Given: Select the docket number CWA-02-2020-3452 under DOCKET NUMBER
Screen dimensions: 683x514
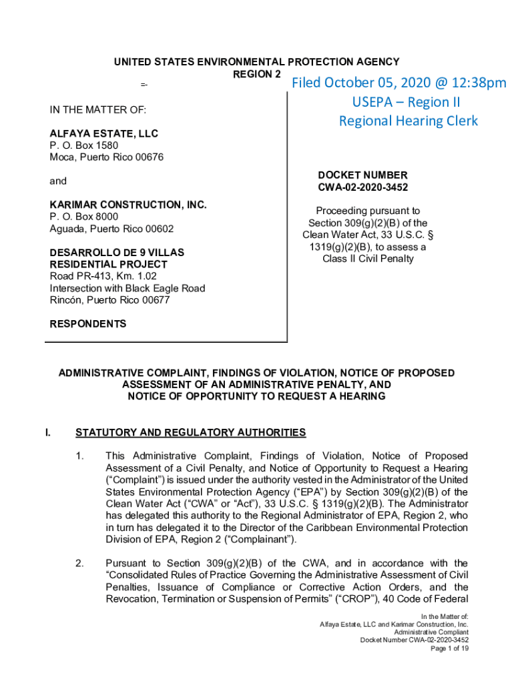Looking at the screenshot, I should coord(363,187).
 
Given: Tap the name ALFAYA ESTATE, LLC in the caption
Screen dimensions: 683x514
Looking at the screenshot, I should coord(103,134).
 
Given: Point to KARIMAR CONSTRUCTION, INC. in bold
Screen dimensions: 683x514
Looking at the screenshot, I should coord(128,205).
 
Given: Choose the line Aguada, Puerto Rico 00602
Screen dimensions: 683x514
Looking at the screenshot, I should coord(111,229).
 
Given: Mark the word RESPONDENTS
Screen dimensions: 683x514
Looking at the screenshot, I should coord(88,324).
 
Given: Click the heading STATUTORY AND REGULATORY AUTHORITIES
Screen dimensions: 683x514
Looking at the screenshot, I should coord(191,433).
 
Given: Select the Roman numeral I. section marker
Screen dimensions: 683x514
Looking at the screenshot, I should coord(48,433).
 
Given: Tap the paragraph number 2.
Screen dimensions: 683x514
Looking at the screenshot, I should coord(79,564).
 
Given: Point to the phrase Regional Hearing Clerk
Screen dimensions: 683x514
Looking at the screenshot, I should coord(409,121).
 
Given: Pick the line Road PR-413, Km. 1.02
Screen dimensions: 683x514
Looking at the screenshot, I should coord(103,276).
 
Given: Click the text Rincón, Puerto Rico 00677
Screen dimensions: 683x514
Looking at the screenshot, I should coord(109,300).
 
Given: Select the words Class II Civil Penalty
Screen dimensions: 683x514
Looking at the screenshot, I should coord(368,259).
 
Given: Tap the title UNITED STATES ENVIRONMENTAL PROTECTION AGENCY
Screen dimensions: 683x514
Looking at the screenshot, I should coord(256,62).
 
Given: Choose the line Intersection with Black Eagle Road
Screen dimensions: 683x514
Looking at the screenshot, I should coord(127,288).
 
